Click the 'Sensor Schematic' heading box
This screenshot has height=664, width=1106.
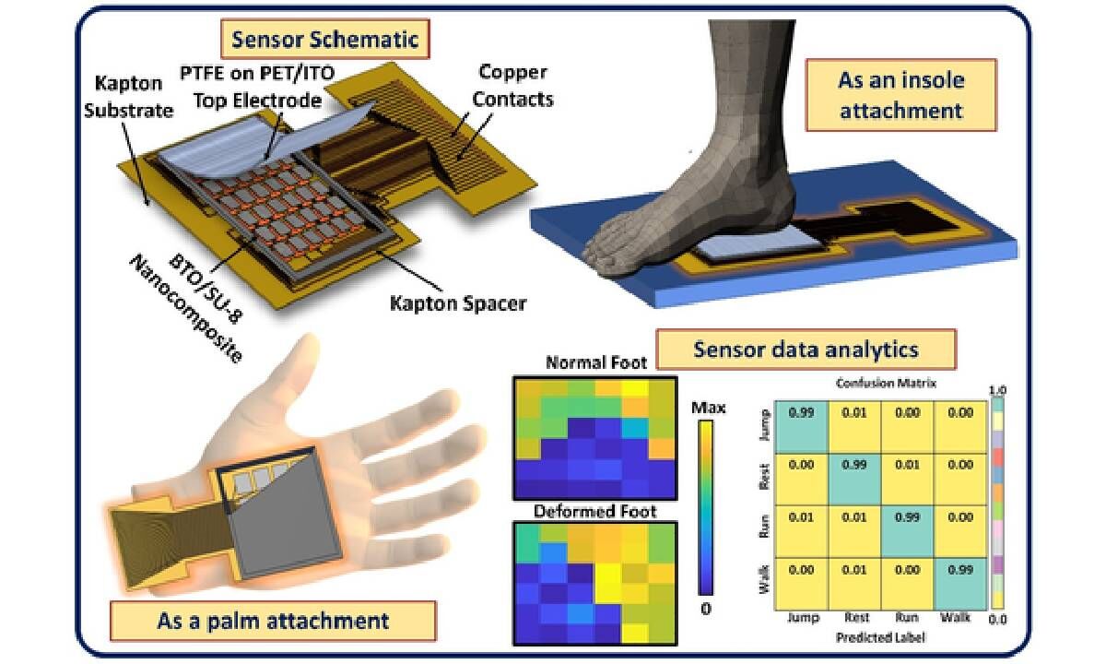pos(324,40)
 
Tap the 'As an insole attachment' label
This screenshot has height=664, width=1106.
pos(900,95)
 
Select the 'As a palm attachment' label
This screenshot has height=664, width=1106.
pos(274,619)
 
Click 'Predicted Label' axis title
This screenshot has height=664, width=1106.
pos(879,638)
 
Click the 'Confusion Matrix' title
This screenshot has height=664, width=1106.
pos(880,383)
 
